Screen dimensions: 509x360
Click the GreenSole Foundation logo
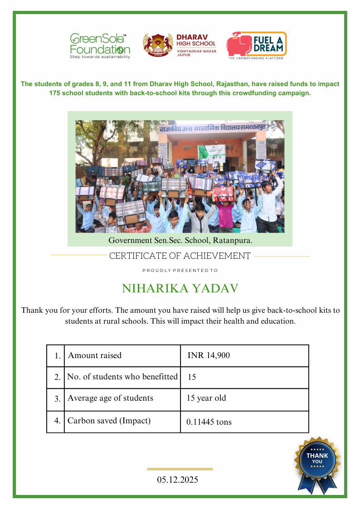point(100,45)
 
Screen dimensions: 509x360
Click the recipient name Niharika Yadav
point(180,289)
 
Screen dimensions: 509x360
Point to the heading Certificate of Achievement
point(180,256)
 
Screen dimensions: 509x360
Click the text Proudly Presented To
point(180,271)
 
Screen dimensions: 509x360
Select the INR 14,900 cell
point(209,356)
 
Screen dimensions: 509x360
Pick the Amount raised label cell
point(95,356)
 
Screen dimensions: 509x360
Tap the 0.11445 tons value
point(209,422)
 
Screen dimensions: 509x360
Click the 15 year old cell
point(206,398)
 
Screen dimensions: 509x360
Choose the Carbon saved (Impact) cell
point(109,421)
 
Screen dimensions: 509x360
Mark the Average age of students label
point(110,398)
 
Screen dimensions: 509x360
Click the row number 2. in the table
point(57,377)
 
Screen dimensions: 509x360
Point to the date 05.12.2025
point(178,480)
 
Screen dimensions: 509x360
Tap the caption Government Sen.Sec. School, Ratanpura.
point(180,240)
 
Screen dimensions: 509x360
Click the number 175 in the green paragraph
point(56,93)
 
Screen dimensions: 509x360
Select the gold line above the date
point(180,469)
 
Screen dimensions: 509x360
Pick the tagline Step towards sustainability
point(100,57)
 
